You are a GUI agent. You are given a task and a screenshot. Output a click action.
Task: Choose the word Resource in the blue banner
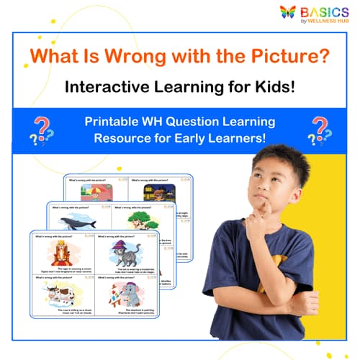tap(125, 138)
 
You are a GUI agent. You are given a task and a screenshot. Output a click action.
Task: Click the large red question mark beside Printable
tap(42, 127)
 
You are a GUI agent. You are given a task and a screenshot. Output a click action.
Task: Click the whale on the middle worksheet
tap(74, 222)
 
